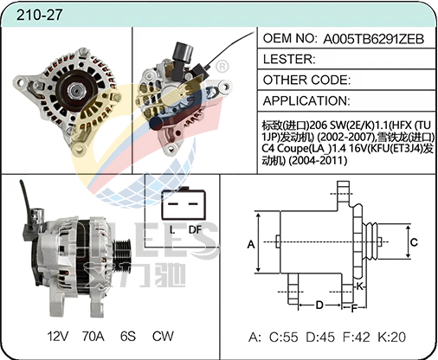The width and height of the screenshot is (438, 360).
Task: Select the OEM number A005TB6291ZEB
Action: click(x=376, y=39)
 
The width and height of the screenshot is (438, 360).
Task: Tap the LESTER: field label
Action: click(x=288, y=59)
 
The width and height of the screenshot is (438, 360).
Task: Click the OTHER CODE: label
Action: click(x=306, y=79)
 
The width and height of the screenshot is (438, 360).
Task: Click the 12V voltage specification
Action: click(x=57, y=336)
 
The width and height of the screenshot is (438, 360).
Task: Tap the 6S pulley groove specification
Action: click(x=128, y=336)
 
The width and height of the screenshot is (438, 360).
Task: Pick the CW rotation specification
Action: click(x=163, y=336)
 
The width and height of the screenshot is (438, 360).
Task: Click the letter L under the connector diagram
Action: click(x=172, y=229)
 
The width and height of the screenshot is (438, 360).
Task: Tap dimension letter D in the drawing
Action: click(x=319, y=305)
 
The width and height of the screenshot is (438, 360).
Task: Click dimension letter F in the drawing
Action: click(x=354, y=307)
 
